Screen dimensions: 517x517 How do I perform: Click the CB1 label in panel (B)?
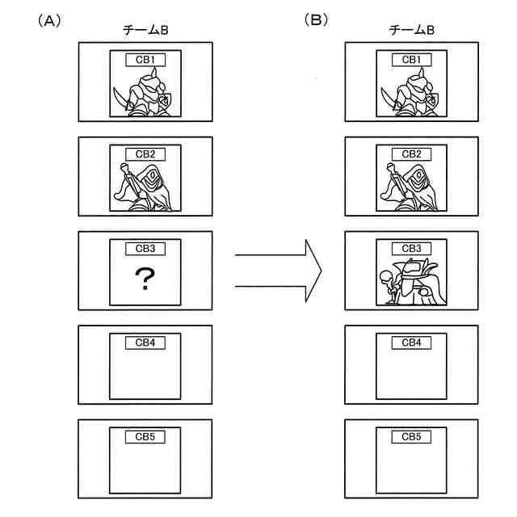point(411,60)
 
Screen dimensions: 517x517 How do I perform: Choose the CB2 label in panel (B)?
point(411,153)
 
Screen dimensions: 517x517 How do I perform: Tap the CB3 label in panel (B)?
point(411,248)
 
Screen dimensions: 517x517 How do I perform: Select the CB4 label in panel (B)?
point(411,343)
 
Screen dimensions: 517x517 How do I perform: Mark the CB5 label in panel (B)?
point(411,437)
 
